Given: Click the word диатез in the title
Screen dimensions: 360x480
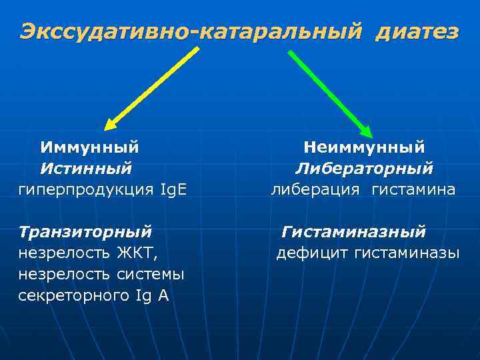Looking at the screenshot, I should point(417,31).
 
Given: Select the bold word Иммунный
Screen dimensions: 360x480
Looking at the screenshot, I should point(89,146).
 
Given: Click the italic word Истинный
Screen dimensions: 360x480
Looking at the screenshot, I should point(86,168).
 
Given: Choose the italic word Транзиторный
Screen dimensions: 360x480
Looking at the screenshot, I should point(85,232).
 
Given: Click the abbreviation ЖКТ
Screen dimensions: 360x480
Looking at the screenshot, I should point(143,253).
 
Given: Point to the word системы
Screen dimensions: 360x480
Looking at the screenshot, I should point(151,275).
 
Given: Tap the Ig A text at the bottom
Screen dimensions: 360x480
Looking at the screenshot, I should point(153,296).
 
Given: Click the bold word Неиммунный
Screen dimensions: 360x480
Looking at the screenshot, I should point(364,146).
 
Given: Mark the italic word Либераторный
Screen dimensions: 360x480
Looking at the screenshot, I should point(364,168).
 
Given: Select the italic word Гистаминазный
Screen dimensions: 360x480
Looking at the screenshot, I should point(353,232).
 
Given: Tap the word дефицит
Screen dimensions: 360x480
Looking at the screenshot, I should point(313,253).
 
